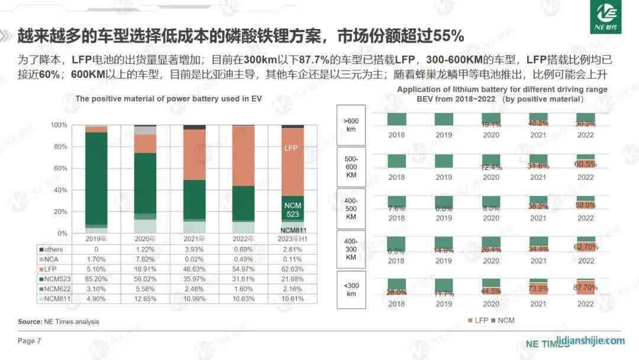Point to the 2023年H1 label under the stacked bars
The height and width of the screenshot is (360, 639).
coord(292,238)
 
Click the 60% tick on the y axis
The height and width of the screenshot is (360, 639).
coord(59,168)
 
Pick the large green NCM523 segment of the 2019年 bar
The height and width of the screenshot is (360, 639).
coord(96,178)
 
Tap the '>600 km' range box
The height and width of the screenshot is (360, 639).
coord(351,126)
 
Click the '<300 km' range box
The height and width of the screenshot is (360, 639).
coord(351,290)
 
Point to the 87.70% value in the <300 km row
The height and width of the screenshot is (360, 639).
coord(585,288)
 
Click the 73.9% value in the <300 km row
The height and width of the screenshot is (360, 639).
coord(538,288)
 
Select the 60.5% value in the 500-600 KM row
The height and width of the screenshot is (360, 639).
coord(585,163)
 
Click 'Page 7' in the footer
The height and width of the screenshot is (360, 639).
coord(30,340)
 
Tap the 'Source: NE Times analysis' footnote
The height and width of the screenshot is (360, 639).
coord(59,322)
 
